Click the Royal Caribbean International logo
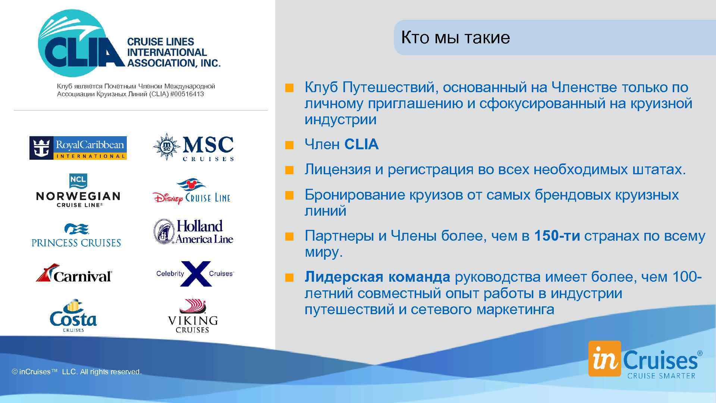(x=78, y=148)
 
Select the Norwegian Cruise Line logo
(x=78, y=191)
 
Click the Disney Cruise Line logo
(x=192, y=192)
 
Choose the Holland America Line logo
(x=193, y=232)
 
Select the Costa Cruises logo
(x=73, y=316)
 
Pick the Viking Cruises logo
(x=192, y=316)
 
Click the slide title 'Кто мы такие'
(x=455, y=38)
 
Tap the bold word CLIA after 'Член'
(x=361, y=145)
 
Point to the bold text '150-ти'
(x=557, y=236)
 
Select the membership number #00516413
(x=187, y=94)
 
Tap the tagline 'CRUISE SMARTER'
(x=661, y=376)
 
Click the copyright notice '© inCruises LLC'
(x=77, y=372)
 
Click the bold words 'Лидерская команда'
(x=377, y=277)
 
